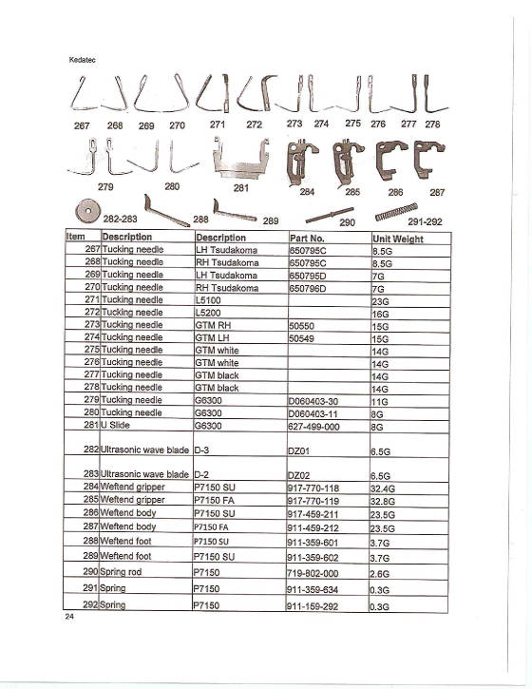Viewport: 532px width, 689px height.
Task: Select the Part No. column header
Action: (301, 237)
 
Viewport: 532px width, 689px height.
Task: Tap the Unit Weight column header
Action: (397, 238)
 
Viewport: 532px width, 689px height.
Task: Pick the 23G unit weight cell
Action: (380, 300)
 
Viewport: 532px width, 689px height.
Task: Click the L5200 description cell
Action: (208, 313)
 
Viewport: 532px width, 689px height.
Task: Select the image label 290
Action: (347, 222)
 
